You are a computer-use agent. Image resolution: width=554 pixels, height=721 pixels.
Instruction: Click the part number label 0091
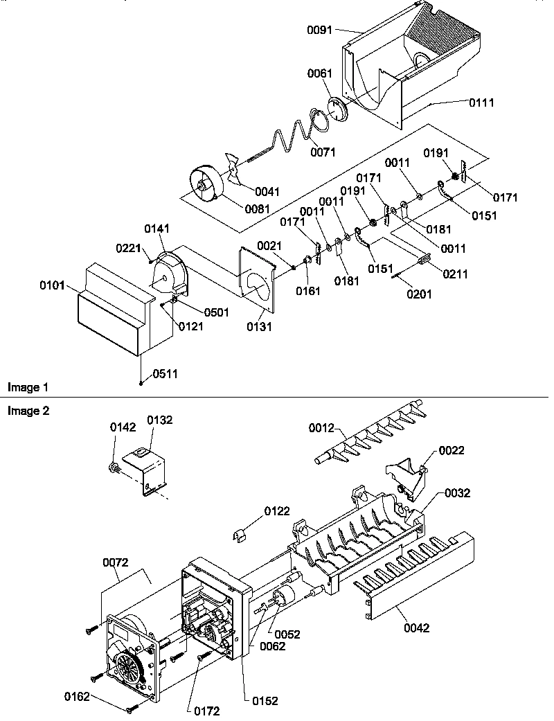point(320,30)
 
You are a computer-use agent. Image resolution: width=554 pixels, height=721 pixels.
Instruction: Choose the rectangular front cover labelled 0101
point(111,312)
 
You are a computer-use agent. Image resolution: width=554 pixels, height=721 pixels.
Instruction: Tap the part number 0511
point(165,374)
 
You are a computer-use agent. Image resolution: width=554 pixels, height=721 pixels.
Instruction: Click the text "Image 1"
point(28,386)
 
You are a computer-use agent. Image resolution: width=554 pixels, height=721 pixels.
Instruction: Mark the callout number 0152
point(265,701)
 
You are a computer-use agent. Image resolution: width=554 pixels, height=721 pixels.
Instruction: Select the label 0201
point(419,294)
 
